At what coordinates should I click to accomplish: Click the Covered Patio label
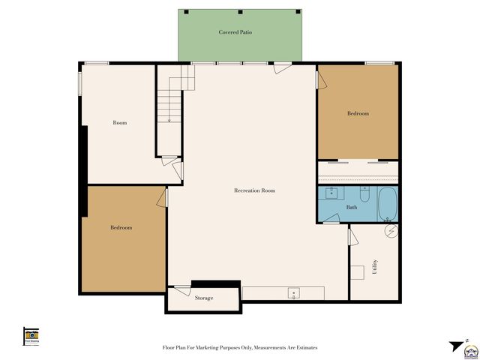pyautogui.click(x=235, y=32)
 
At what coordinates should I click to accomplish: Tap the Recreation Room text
pyautogui.click(x=254, y=190)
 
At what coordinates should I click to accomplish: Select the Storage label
pyautogui.click(x=204, y=298)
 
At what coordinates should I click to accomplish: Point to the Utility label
pyautogui.click(x=374, y=268)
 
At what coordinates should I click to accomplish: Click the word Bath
pyautogui.click(x=351, y=207)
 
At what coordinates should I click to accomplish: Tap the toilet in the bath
pyautogui.click(x=364, y=195)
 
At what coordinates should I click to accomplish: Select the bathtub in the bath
pyautogui.click(x=388, y=203)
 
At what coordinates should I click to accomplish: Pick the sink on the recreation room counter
pyautogui.click(x=294, y=292)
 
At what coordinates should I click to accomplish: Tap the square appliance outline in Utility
pyautogui.click(x=358, y=271)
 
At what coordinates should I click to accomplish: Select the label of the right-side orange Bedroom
pyautogui.click(x=358, y=113)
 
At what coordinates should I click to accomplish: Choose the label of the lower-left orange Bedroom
pyautogui.click(x=121, y=227)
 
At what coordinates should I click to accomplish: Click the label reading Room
pyautogui.click(x=119, y=122)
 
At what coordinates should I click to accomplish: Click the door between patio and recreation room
pyautogui.click(x=282, y=67)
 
